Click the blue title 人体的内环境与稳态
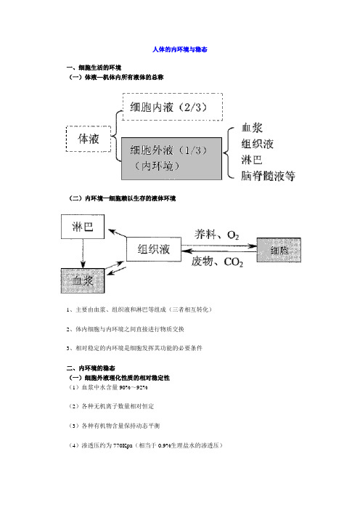pos(180,49)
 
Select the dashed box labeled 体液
pos(89,139)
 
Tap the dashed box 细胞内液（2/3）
pos(173,107)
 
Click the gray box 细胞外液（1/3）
pos(171,158)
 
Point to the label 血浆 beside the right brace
pos(252,128)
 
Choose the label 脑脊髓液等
pos(268,176)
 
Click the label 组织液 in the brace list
pos(258,143)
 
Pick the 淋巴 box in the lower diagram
pos(83,227)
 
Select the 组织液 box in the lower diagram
pos(154,249)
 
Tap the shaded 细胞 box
pos(279,250)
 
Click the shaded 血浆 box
pos(83,280)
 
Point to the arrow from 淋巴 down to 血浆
pos(83,254)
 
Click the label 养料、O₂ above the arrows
pos(217,235)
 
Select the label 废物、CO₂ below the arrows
pos(217,262)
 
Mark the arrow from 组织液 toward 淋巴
pos(118,233)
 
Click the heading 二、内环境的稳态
pos(91,368)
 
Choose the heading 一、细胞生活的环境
pos(94,68)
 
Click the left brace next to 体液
pos(116,136)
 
